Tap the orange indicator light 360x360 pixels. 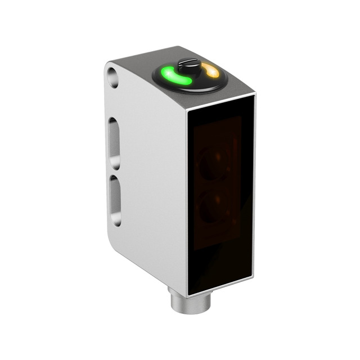point(211,71)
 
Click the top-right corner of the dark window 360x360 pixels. point(255,96)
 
